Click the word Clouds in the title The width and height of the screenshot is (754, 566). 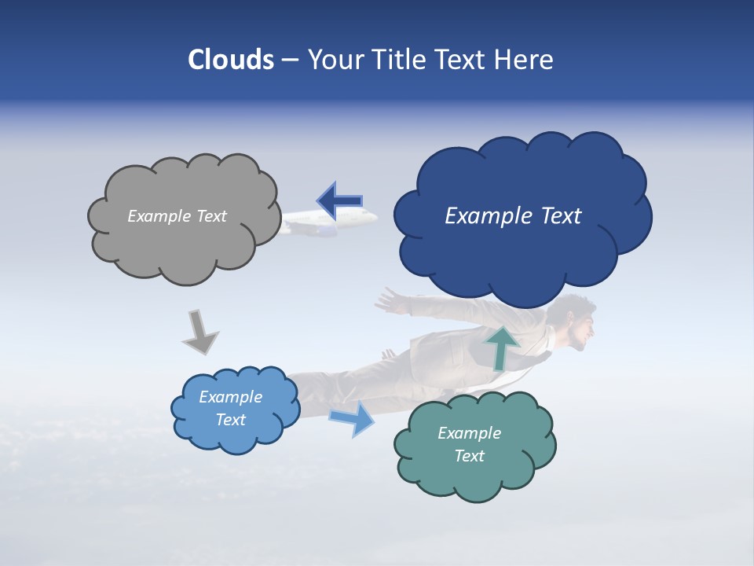[231, 60]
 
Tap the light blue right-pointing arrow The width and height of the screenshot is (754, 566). [353, 418]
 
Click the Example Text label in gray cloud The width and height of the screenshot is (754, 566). [177, 216]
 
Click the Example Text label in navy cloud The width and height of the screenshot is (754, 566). [513, 216]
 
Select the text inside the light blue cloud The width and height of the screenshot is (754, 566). [230, 409]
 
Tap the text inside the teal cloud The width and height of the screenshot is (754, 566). [469, 444]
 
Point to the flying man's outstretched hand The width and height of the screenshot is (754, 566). [386, 300]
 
